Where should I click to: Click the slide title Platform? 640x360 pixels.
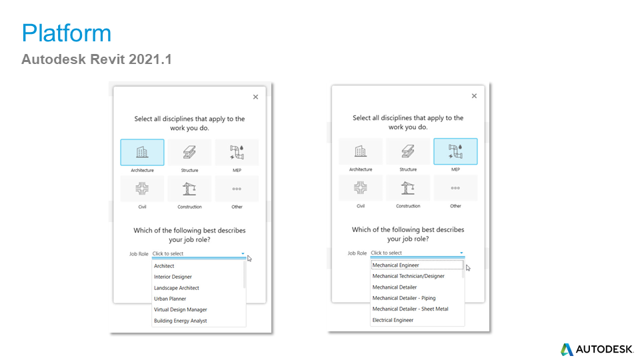click(66, 33)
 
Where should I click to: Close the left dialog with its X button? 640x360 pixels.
click(255, 97)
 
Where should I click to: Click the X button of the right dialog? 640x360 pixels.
click(474, 96)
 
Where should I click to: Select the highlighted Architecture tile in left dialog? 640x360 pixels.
click(142, 153)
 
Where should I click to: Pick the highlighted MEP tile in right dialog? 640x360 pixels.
click(455, 151)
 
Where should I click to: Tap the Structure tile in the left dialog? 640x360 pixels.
click(189, 153)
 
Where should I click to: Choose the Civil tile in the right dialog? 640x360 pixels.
click(361, 189)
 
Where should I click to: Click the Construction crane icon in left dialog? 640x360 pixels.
click(189, 189)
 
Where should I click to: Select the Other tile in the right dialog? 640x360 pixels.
click(455, 189)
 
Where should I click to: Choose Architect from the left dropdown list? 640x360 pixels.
click(164, 266)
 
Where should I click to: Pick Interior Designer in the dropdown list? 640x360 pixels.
click(173, 277)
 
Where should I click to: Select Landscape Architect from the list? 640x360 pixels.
click(176, 288)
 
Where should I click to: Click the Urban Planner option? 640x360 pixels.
click(170, 299)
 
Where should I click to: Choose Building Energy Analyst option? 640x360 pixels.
click(180, 321)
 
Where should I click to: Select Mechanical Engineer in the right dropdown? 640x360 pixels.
click(395, 265)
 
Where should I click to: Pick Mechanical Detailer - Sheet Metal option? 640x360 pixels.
click(410, 309)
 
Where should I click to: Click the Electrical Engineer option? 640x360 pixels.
click(393, 320)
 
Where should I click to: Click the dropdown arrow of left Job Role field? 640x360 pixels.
click(243, 254)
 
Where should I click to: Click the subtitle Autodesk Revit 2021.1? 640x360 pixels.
click(97, 59)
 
